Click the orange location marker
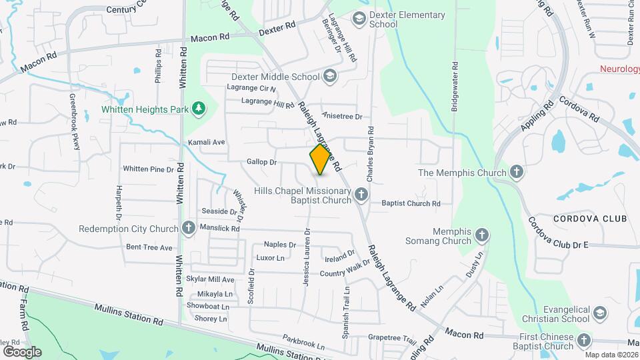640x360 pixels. tap(321, 159)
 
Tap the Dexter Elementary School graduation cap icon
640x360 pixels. tap(359, 18)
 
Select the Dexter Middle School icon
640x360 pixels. tap(329, 77)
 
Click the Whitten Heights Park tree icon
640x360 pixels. tap(198, 109)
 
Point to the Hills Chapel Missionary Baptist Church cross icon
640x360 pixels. tap(361, 195)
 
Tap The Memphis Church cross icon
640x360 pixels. tap(517, 173)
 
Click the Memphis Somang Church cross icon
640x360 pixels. tap(482, 235)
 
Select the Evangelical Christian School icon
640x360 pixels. tap(599, 313)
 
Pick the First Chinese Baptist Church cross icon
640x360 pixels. tap(583, 341)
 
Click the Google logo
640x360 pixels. tap(21, 351)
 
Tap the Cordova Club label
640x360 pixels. tap(589, 219)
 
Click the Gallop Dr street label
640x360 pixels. tap(261, 162)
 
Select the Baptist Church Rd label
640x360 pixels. tap(411, 203)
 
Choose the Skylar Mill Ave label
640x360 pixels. tap(210, 279)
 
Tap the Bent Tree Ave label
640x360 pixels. tap(149, 247)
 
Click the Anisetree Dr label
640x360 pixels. tap(341, 116)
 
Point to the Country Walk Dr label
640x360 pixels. tap(345, 270)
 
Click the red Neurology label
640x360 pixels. tap(619, 69)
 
